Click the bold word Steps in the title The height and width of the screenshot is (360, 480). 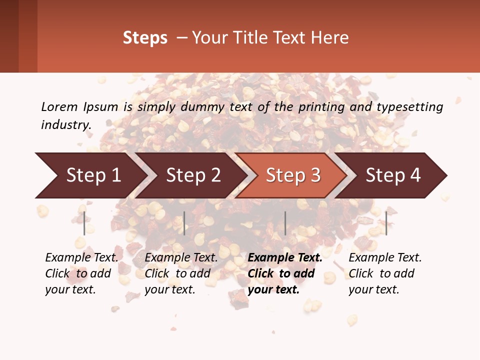click(x=145, y=38)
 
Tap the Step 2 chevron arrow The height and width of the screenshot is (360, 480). click(x=193, y=175)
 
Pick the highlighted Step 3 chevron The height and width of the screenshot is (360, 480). click(x=293, y=175)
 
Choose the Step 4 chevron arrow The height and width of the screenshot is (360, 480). click(x=393, y=175)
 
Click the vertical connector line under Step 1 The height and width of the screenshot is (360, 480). click(x=84, y=223)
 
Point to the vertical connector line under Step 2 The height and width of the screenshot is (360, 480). click(x=184, y=223)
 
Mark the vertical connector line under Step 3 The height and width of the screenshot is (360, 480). click(x=285, y=223)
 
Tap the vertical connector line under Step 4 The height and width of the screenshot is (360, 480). click(x=386, y=223)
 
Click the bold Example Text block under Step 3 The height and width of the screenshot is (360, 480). click(x=285, y=273)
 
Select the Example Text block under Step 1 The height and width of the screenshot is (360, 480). click(x=81, y=273)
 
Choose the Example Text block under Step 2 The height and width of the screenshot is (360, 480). click(x=181, y=273)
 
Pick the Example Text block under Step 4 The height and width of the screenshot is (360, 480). click(x=385, y=273)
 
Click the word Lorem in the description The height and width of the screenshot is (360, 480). click(x=59, y=106)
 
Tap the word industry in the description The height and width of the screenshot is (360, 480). click(x=66, y=125)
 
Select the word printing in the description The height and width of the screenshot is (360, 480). click(x=321, y=107)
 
